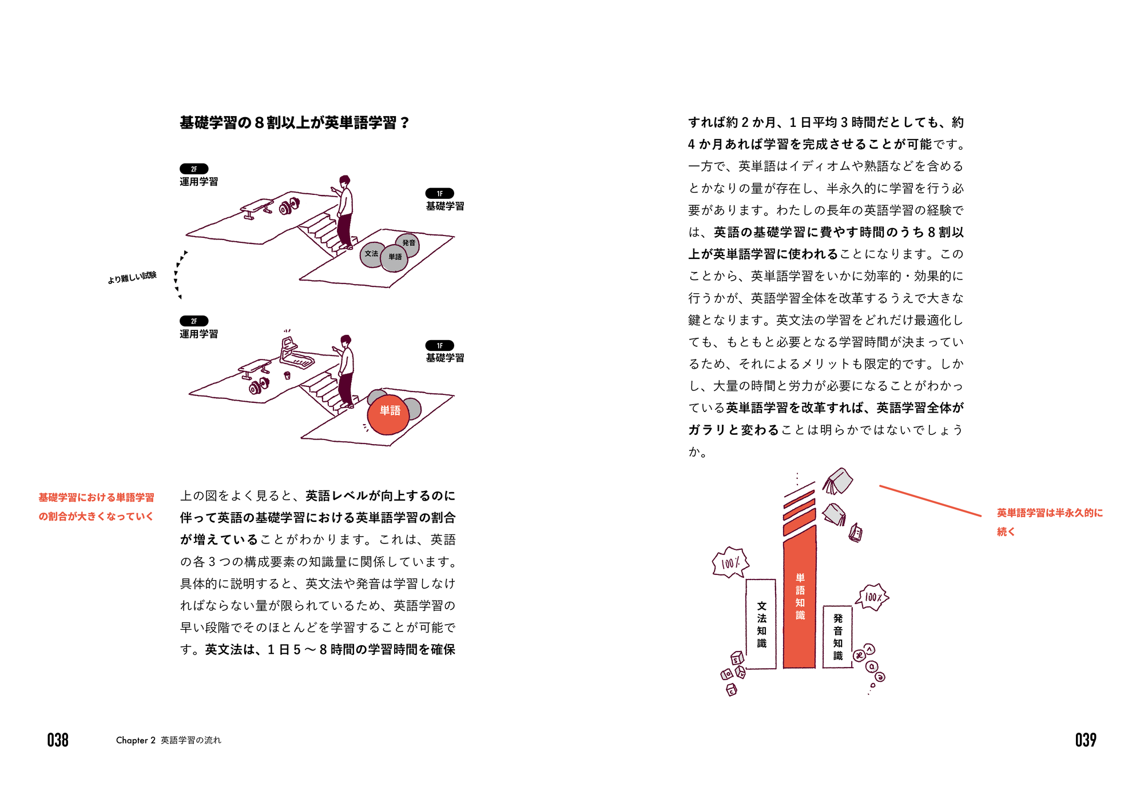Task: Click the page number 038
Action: (58, 740)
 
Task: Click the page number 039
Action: (1086, 740)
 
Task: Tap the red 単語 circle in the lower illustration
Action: (388, 414)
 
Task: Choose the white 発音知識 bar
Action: (838, 637)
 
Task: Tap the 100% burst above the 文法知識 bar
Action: (730, 563)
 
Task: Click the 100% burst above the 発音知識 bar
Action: (872, 597)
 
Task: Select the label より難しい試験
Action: (132, 278)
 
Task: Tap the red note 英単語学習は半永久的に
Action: (1050, 513)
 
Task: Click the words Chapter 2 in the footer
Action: (136, 740)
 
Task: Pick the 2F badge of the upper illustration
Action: (194, 169)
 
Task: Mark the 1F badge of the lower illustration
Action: (439, 345)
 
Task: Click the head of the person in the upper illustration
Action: (344, 181)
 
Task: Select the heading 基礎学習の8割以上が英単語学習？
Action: (295, 123)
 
